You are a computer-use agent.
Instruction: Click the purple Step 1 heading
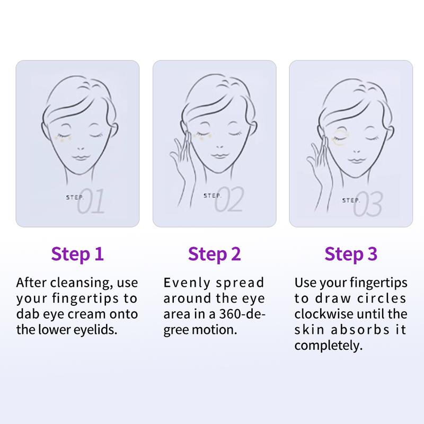click(77, 254)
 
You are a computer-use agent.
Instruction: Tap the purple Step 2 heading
click(214, 254)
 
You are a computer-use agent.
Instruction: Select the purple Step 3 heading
click(351, 254)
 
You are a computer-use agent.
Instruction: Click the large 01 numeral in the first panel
click(91, 201)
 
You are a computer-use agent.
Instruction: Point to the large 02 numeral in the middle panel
click(229, 199)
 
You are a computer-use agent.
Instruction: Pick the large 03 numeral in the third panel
click(368, 204)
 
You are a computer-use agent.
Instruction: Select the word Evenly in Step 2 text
click(187, 283)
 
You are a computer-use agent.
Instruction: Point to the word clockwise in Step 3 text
click(324, 314)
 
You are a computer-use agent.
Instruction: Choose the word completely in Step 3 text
click(328, 346)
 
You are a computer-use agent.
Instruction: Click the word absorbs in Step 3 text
click(360, 330)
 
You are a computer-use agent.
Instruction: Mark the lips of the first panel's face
click(81, 157)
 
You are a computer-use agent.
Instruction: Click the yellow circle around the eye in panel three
click(341, 138)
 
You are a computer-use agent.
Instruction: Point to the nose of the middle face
click(219, 147)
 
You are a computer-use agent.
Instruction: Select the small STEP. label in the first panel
click(75, 198)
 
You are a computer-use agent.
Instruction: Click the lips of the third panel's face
click(356, 160)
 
